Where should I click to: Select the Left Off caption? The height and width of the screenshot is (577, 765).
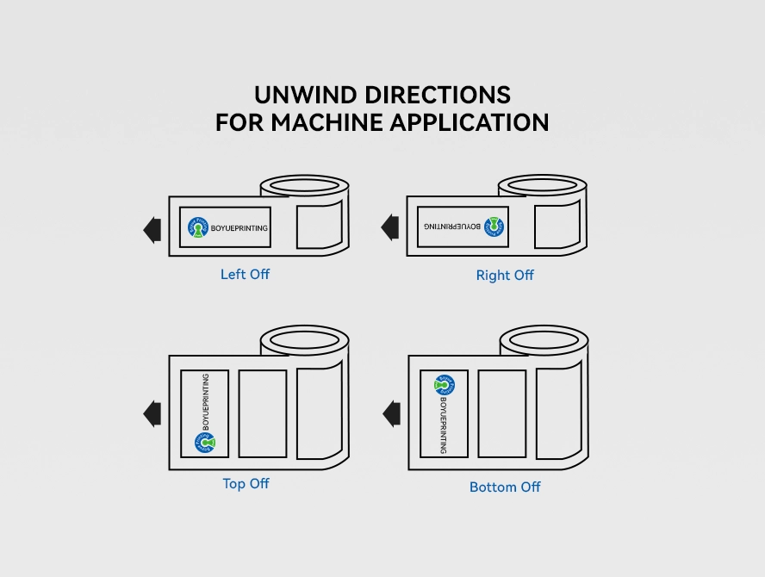pos(245,275)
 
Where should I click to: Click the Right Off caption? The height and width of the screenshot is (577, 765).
pos(505,276)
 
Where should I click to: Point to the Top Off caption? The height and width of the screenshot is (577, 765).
pos(246,484)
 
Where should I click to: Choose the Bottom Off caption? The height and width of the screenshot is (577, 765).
pos(505,487)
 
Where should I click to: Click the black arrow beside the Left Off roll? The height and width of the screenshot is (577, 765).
pos(152,230)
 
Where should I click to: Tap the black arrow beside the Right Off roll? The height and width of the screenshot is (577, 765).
pos(391,227)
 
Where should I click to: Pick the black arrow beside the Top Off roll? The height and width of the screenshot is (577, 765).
pos(152,413)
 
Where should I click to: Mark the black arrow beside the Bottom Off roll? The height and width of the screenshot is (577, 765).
pos(392,413)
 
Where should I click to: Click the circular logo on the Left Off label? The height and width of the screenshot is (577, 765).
pos(198,228)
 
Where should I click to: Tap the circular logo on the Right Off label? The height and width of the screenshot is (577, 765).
pos(494,226)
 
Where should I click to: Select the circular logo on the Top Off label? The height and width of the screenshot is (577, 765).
pos(205,443)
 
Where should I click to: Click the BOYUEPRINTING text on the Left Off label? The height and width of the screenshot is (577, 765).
pos(239,229)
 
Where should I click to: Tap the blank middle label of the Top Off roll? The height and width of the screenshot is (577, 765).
pos(263,413)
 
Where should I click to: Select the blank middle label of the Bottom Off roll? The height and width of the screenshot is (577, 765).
pos(502,413)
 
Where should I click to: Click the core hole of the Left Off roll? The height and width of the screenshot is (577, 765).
pos(305,186)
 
